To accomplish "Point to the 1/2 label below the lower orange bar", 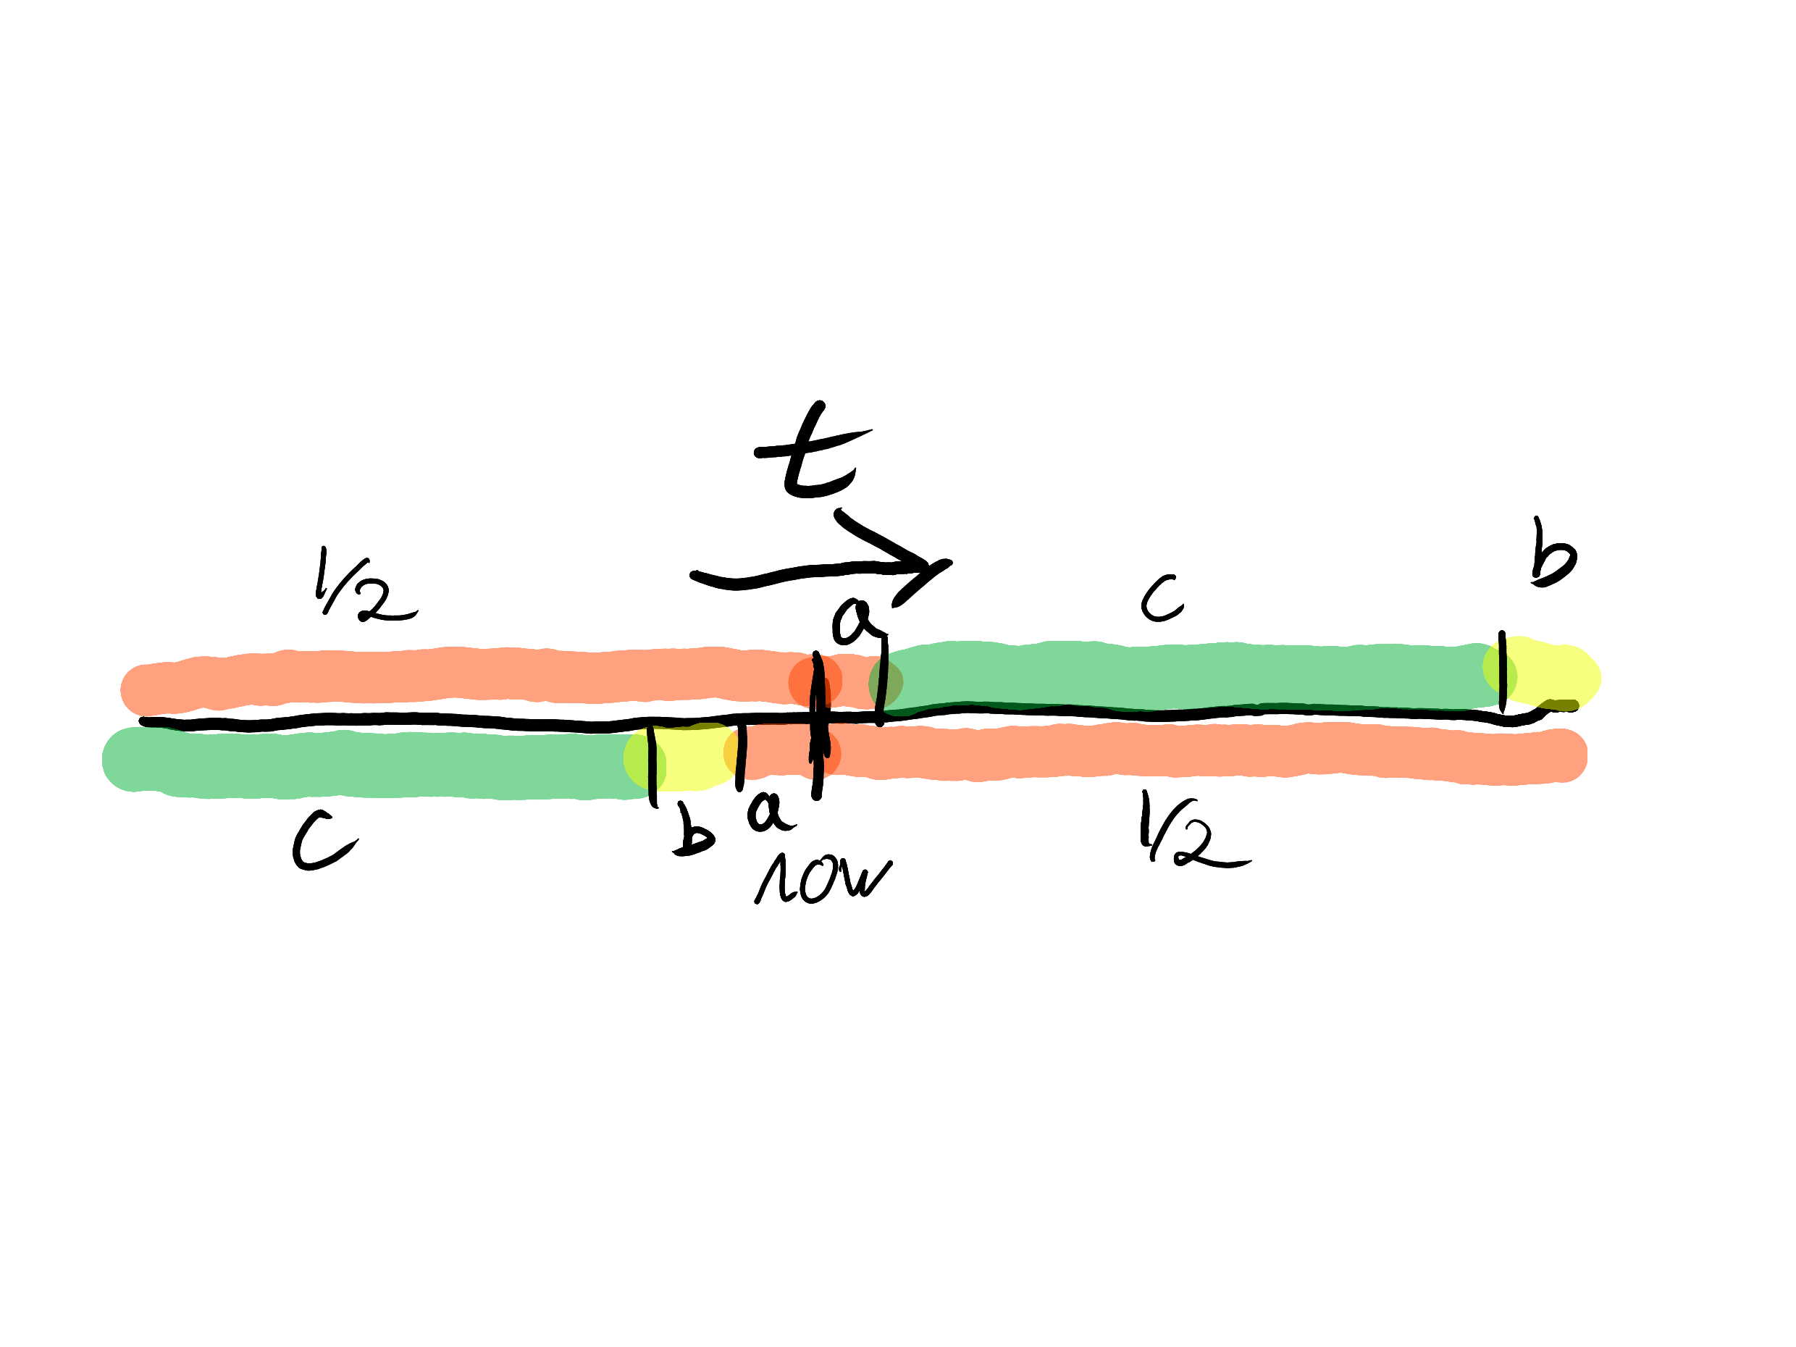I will pos(1186,832).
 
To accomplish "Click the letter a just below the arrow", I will pos(852,621).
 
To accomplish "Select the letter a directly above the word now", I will pos(767,812).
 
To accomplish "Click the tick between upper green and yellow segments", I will pos(1502,671).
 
